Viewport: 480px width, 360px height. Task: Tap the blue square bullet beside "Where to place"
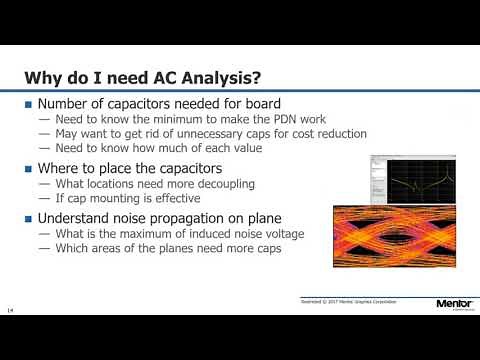tap(29, 167)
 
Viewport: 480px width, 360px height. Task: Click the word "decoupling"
tap(220, 183)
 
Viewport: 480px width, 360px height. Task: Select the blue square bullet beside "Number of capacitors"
tap(29, 105)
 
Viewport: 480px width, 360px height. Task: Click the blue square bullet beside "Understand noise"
tap(29, 216)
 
